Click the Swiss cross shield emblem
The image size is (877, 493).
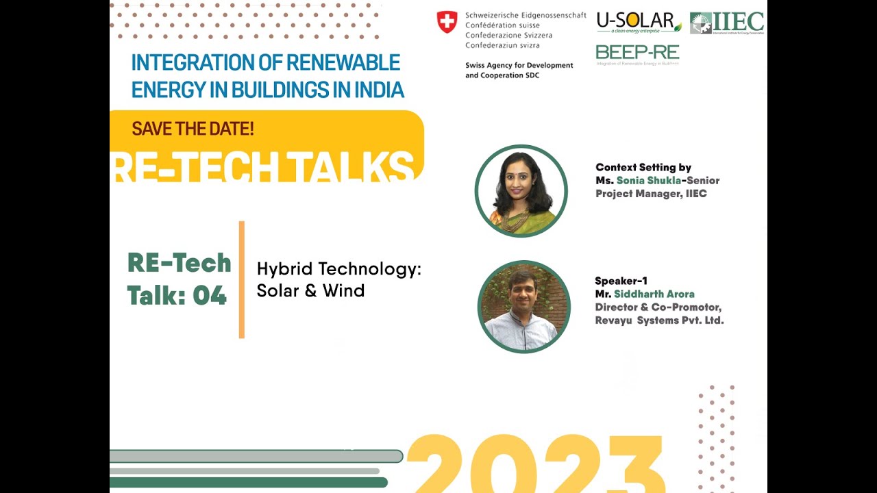(447, 22)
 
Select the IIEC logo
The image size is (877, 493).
(727, 23)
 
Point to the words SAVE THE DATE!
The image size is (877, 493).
(193, 128)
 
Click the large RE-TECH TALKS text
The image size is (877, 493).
(264, 166)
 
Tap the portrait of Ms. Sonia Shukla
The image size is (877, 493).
(521, 191)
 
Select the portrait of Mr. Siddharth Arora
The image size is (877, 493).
(524, 307)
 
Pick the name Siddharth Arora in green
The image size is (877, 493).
(654, 294)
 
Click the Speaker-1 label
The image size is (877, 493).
(621, 281)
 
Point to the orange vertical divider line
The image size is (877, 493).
(242, 279)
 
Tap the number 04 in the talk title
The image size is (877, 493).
(210, 296)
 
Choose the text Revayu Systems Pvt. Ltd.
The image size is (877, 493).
(659, 320)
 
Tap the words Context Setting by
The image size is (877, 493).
(643, 167)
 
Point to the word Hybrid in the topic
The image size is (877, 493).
(284, 270)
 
